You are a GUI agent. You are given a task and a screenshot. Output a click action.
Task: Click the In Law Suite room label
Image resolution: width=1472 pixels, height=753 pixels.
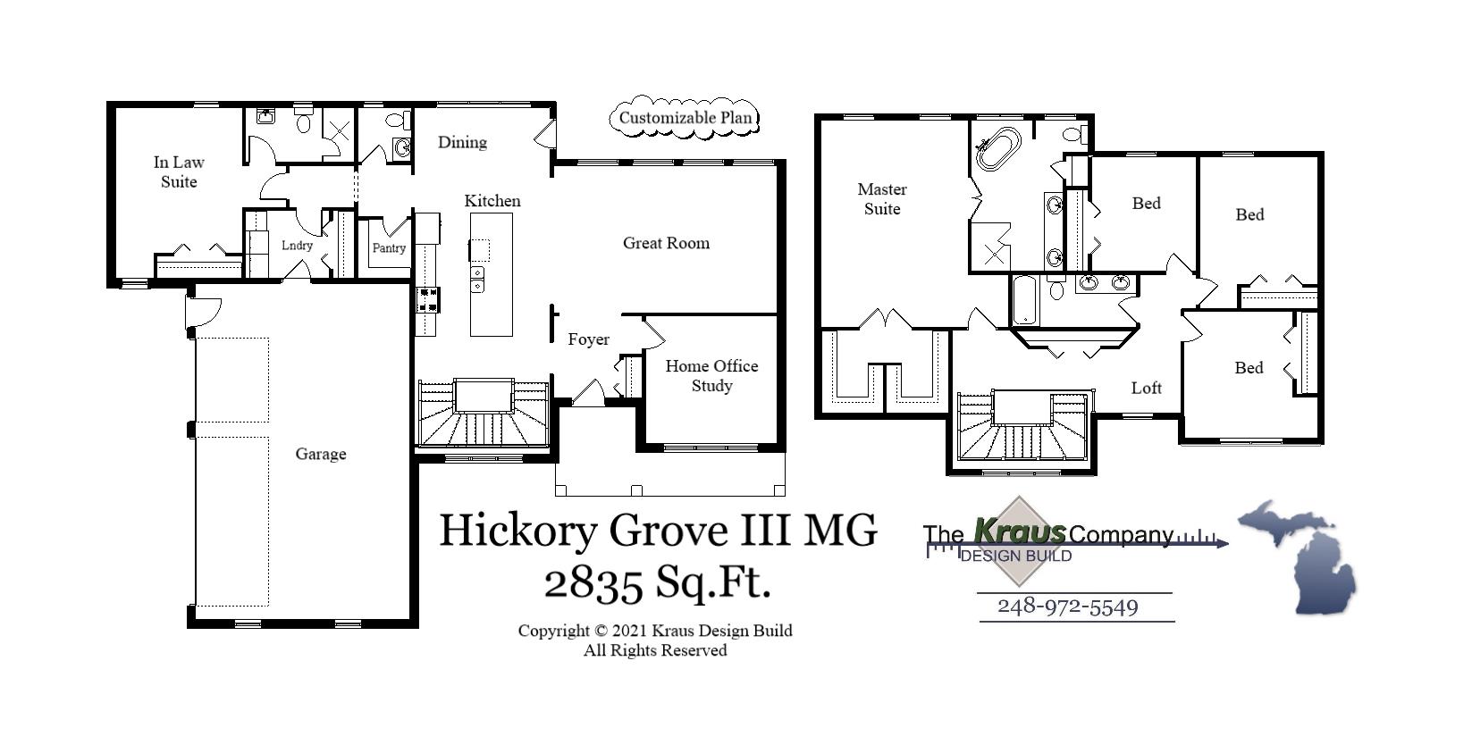pos(179,172)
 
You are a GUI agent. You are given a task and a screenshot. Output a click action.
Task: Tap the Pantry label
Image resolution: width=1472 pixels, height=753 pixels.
pos(389,248)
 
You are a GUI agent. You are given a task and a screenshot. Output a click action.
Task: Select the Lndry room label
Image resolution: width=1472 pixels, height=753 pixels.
pos(297,246)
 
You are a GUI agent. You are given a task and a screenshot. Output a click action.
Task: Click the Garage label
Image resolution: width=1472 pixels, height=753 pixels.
pos(320,455)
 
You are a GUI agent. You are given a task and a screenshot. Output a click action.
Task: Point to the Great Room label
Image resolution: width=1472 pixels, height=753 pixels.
pos(666,243)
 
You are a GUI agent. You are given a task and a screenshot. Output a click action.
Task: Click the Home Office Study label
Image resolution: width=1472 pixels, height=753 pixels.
pos(711,376)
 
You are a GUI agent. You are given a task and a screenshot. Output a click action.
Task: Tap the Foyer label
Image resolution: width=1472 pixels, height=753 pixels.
pos(588,339)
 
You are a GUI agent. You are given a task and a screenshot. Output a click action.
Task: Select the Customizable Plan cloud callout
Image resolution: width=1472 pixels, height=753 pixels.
pos(685,118)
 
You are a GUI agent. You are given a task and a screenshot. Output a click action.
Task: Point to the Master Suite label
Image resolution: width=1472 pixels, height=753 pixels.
pos(881,199)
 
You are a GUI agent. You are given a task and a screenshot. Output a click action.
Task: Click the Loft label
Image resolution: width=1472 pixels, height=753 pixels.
pos(1146,388)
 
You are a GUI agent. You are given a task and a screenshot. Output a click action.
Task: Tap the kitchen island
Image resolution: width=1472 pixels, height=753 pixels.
pos(492,274)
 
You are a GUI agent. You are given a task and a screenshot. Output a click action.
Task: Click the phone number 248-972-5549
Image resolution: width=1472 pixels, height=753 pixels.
pos(1067,607)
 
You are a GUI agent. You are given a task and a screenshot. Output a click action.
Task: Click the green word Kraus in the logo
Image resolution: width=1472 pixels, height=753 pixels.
pos(1019,531)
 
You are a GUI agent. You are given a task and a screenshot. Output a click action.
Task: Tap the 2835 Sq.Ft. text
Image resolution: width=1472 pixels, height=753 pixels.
pos(657,584)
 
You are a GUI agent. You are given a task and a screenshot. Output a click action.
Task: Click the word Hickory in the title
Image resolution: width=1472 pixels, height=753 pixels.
pos(517,531)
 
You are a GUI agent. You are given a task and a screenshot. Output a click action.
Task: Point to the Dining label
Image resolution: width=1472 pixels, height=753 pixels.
pos(462,142)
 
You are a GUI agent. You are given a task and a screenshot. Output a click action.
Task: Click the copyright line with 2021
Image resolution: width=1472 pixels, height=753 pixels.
pos(654,631)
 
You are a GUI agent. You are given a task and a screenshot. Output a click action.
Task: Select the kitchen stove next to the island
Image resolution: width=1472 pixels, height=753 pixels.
pos(427,299)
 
